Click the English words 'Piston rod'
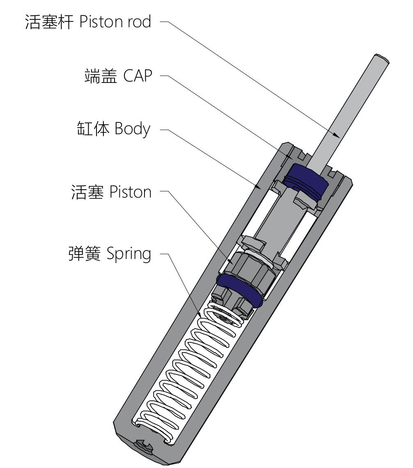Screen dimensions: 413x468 115,21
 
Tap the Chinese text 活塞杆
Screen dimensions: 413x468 49,22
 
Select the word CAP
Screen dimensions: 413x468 138,76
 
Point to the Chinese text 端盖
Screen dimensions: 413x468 101,76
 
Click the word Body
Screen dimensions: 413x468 132,129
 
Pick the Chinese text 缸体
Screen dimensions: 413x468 93,128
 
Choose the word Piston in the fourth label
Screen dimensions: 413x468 131,192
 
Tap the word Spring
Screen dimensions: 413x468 128,254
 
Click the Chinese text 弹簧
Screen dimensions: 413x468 85,254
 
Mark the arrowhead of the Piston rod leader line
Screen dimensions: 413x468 337,135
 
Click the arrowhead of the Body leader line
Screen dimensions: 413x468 258,187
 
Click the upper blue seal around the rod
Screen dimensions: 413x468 305,181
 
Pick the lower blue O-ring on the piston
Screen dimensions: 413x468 240,290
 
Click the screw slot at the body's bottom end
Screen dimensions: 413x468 144,445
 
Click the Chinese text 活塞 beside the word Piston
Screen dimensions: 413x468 87,192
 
